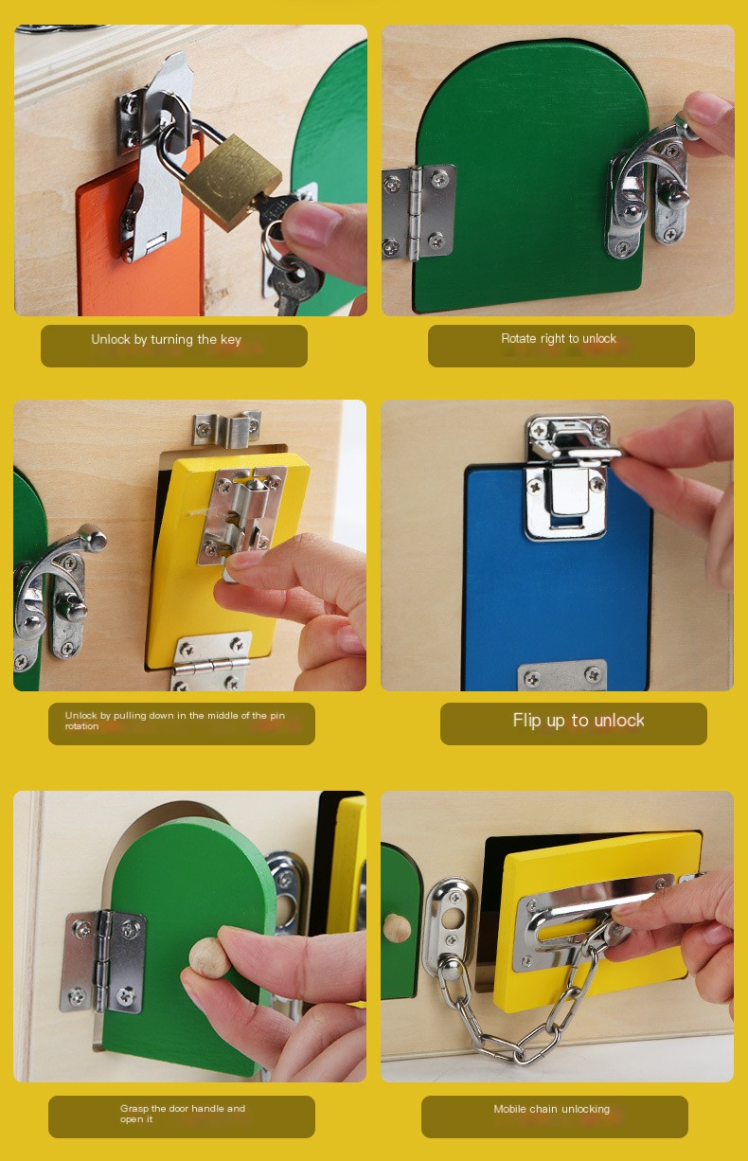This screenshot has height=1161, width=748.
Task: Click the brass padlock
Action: coord(230,181)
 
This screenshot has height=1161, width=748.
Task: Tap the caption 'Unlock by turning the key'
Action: coord(167,340)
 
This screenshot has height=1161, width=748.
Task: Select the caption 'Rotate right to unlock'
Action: coord(559,339)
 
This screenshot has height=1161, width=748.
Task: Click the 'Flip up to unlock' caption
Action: coord(579,721)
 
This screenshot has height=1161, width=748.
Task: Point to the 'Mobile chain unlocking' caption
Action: coord(552,1109)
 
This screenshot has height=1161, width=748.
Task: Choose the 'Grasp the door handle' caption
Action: coord(183,1113)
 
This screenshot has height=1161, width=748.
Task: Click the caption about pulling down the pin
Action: coord(175,721)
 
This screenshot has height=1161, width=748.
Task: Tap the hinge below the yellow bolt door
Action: coord(210,660)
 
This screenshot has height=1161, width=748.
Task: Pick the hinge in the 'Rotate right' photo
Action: coord(418,212)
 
